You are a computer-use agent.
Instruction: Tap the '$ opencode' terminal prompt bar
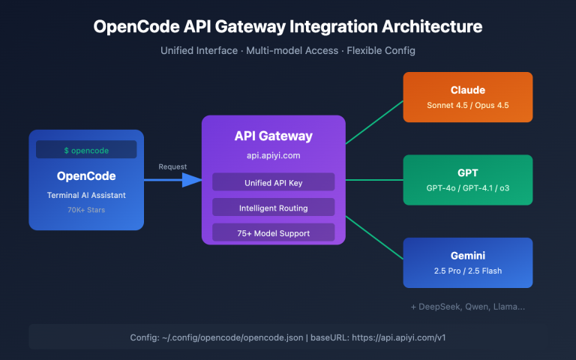point(86,150)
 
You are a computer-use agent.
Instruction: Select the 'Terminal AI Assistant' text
point(86,195)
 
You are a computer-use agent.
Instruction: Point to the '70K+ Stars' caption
point(86,211)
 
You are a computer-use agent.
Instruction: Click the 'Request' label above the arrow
point(173,166)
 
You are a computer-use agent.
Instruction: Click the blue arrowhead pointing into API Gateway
point(193,180)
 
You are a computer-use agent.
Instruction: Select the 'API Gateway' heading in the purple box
point(273,136)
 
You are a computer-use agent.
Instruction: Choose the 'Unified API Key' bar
point(273,182)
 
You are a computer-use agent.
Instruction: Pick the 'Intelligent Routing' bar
point(273,207)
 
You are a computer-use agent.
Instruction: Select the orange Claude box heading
point(467,90)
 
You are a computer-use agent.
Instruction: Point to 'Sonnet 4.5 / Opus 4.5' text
point(467,106)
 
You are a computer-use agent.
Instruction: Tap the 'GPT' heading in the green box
point(467,172)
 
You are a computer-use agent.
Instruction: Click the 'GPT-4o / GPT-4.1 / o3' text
point(467,188)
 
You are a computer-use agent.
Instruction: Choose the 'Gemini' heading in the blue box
point(467,255)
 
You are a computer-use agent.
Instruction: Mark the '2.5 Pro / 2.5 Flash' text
point(467,271)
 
